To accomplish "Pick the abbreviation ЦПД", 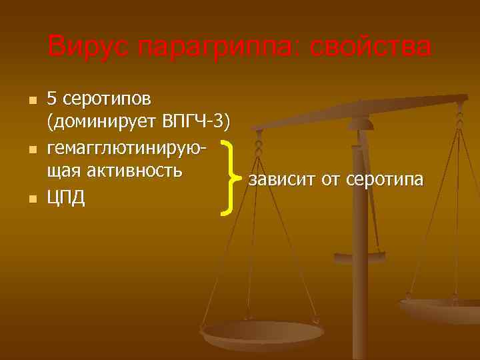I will coord(66,198).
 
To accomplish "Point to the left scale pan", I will coord(253,334).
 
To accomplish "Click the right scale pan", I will coord(443,310).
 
